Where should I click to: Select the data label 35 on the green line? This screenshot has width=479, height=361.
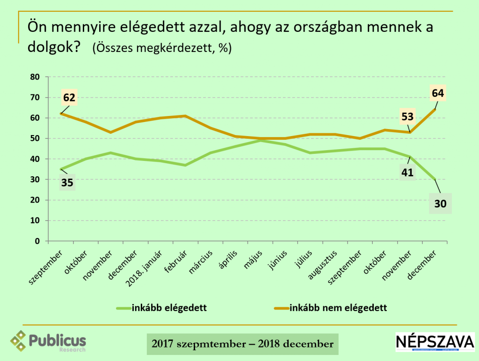pyautogui.click(x=67, y=182)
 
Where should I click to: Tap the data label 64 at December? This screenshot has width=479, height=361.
pyautogui.click(x=439, y=93)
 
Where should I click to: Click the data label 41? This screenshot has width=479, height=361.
pyautogui.click(x=407, y=173)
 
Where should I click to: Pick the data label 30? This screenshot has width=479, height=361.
pyautogui.click(x=441, y=204)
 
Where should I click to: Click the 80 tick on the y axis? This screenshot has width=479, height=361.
pyautogui.click(x=36, y=77)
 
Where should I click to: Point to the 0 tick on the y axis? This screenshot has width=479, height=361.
pyautogui.click(x=38, y=241)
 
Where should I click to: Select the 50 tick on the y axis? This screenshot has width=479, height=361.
pyautogui.click(x=36, y=138)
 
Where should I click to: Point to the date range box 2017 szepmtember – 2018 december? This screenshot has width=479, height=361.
pyautogui.click(x=242, y=344)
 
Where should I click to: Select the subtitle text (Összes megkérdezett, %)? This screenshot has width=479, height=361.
pyautogui.click(x=162, y=48)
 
